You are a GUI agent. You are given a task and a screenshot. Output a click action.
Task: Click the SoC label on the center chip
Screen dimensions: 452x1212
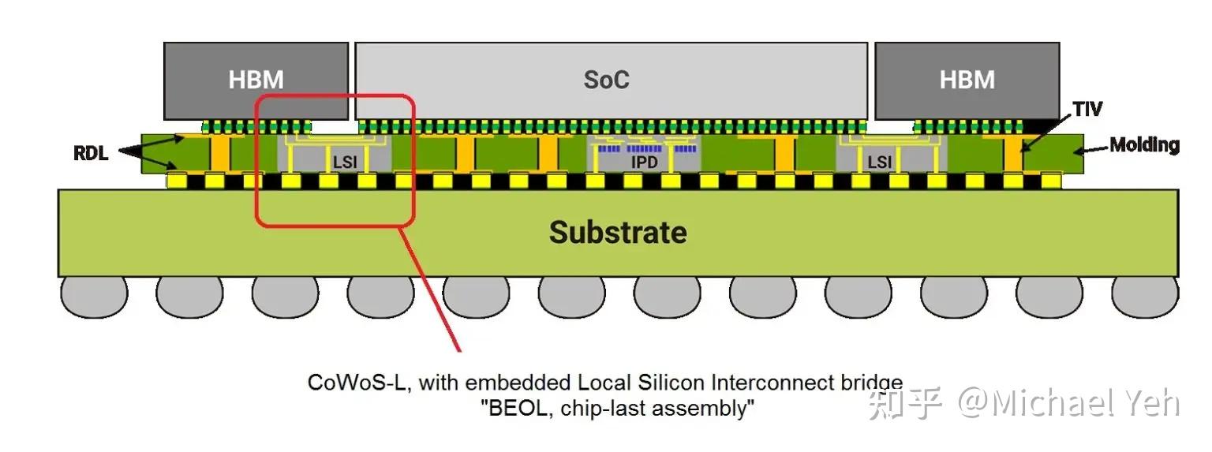click(x=606, y=80)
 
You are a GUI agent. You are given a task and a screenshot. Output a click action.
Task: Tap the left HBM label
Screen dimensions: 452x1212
click(x=256, y=80)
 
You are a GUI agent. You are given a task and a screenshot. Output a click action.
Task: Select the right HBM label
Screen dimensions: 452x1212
click(x=967, y=80)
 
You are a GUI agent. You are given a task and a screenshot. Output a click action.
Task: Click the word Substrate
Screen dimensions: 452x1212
click(x=618, y=232)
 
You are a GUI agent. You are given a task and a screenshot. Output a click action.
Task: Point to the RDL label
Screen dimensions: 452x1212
click(x=90, y=152)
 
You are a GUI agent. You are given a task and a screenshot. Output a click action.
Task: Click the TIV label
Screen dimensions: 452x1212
click(x=1087, y=108)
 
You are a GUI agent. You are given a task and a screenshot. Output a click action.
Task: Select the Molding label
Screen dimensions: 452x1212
click(x=1144, y=145)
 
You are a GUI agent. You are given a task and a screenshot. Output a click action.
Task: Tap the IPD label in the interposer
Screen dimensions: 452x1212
click(x=644, y=162)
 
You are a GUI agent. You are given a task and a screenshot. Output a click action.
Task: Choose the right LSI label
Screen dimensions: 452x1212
click(x=879, y=162)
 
